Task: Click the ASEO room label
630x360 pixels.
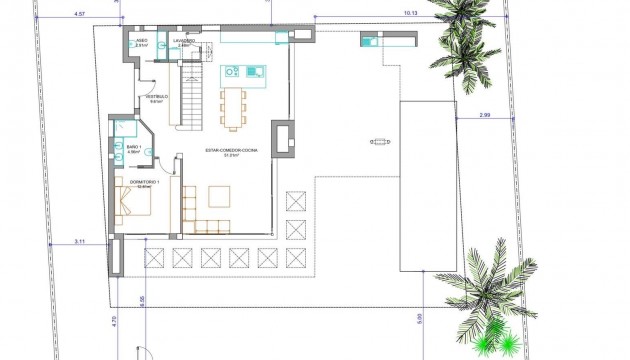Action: click(141, 41)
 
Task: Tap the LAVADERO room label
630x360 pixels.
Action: click(182, 41)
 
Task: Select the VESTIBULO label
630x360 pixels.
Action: click(157, 98)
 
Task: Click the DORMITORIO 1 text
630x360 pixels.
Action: click(145, 181)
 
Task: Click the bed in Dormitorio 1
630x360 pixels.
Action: click(135, 204)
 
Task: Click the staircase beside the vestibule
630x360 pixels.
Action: click(190, 89)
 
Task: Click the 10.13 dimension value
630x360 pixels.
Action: click(411, 14)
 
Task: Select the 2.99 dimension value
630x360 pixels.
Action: click(485, 116)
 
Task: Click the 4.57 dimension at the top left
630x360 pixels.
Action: click(80, 14)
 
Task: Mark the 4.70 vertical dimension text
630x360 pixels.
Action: click(113, 322)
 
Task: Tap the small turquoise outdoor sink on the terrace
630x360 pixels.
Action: click(369, 41)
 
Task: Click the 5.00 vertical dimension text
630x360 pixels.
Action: click(419, 320)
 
